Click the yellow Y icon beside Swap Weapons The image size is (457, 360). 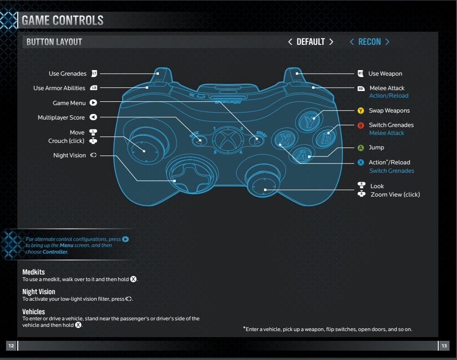click(360, 111)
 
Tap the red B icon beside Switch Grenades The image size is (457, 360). click(360, 125)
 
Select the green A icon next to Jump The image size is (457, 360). click(360, 148)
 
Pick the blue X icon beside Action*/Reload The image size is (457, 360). click(360, 162)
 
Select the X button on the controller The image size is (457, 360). click(284, 139)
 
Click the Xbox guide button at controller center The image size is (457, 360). click(227, 139)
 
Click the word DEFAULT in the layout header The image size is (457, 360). click(311, 42)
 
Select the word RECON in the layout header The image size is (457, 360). click(370, 42)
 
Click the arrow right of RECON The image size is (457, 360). click(387, 42)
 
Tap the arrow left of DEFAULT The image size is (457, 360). click(291, 42)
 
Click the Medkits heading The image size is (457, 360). click(34, 272)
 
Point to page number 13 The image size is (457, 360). click(444, 346)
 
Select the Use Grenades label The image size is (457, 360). click(68, 74)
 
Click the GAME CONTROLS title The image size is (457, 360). click(63, 21)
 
